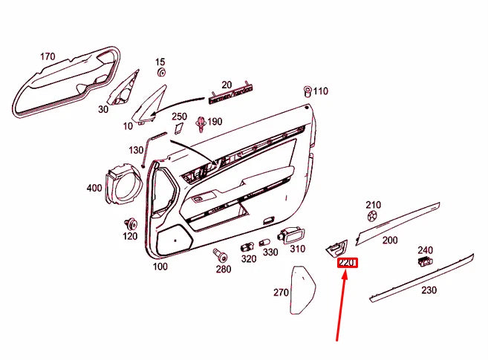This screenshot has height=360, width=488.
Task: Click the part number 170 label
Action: pyautogui.click(x=48, y=56)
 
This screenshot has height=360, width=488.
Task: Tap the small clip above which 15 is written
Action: pyautogui.click(x=161, y=73)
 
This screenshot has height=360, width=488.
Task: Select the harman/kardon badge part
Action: pyautogui.click(x=230, y=94)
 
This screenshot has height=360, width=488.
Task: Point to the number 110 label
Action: pyautogui.click(x=321, y=91)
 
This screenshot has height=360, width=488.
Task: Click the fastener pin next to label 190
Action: pyautogui.click(x=201, y=124)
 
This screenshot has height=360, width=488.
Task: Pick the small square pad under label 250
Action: pyautogui.click(x=179, y=128)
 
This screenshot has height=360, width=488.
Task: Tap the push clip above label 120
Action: pyautogui.click(x=131, y=223)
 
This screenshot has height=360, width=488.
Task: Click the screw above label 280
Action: pyautogui.click(x=220, y=255)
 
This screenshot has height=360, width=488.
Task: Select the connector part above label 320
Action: pyautogui.click(x=247, y=247)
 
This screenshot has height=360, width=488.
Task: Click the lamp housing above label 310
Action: pyautogui.click(x=291, y=235)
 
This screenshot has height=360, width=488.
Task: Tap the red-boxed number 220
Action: pyautogui.click(x=348, y=264)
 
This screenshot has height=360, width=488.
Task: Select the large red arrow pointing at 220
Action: pyautogui.click(x=341, y=306)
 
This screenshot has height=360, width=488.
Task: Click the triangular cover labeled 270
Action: pyautogui.click(x=302, y=289)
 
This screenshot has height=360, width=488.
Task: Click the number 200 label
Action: pyautogui.click(x=390, y=240)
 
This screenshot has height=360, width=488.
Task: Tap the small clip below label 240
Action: pyautogui.click(x=425, y=262)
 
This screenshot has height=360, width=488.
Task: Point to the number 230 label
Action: pyautogui.click(x=429, y=290)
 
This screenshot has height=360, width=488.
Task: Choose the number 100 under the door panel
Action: pyautogui.click(x=160, y=266)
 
